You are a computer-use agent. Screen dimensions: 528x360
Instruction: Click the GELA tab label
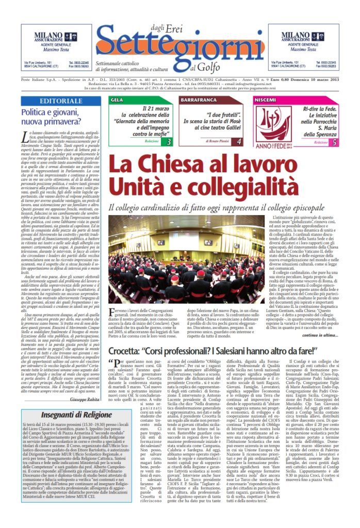click(x=117, y=99)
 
